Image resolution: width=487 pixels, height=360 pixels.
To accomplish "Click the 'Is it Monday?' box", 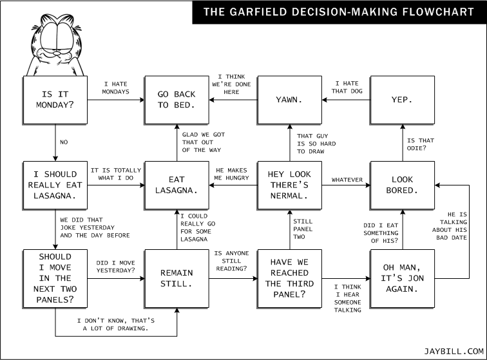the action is [55, 100].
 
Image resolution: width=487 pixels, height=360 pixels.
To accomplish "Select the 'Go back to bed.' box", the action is [177, 100].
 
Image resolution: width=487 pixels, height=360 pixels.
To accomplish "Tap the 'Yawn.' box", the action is [290, 100].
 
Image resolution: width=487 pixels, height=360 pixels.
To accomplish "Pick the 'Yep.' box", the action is [403, 100].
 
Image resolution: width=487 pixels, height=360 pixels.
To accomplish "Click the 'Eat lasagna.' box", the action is [177, 185].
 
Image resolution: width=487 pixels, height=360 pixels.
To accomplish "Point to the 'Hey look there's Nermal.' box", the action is [290, 185].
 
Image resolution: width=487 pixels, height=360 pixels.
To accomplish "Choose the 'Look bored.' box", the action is [403, 185].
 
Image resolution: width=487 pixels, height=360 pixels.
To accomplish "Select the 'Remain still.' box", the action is [177, 279].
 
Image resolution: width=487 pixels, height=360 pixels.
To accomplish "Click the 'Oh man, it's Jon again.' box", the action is [403, 279].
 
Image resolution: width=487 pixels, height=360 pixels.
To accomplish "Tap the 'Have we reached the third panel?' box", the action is [290, 279].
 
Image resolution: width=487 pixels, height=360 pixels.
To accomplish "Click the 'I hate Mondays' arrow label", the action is [115, 88].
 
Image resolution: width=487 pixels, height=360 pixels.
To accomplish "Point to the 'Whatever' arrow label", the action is [347, 180].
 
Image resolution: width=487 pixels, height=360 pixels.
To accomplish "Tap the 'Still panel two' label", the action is [303, 229].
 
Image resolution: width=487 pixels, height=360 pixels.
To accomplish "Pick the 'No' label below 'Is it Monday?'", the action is [64, 142].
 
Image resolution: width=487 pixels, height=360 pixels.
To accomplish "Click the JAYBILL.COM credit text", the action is [454, 351].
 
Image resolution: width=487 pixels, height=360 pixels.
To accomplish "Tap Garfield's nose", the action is [57, 53].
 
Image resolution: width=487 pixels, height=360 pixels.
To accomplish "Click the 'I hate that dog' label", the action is [347, 88].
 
